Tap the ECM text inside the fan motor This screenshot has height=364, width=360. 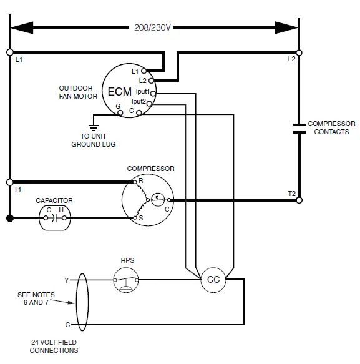point(119,91)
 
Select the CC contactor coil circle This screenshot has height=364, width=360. point(213,280)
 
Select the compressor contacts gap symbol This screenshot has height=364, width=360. point(299,128)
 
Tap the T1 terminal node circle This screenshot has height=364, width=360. point(9,182)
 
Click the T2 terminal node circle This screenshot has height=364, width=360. point(299,200)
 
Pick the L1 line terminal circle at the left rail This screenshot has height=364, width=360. point(9,52)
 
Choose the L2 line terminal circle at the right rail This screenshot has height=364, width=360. point(299,52)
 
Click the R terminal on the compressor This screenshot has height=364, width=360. point(134,182)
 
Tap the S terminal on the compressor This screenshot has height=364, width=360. point(134,218)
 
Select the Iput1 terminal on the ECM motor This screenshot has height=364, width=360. point(153,92)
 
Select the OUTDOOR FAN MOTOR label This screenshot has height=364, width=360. point(78,92)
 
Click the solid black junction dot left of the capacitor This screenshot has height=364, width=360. point(9,218)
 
